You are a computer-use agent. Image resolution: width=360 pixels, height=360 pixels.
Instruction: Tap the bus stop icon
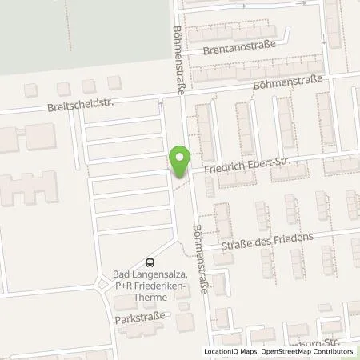(x=150, y=262)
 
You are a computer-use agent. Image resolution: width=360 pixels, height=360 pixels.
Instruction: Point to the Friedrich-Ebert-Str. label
(x=245, y=165)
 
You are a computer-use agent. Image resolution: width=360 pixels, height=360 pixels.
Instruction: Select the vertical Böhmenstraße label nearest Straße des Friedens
(x=201, y=258)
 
